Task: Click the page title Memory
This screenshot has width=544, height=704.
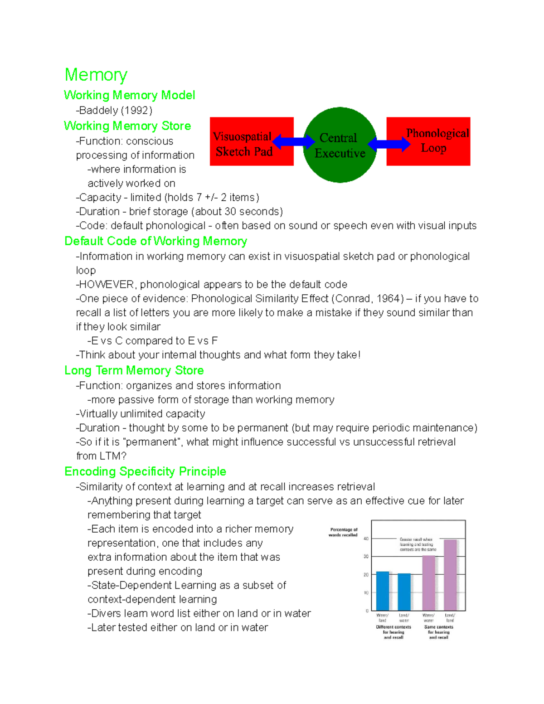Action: [x=96, y=75]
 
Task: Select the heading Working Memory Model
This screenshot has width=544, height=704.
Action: [x=129, y=95]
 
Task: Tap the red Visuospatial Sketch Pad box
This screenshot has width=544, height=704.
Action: [x=251, y=141]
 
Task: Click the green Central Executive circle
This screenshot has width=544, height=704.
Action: [x=340, y=145]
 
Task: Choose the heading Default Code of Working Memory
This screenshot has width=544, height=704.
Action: [x=155, y=241]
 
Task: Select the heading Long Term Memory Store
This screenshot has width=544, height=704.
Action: [x=134, y=370]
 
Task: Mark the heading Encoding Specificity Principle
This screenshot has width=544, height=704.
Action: [x=145, y=471]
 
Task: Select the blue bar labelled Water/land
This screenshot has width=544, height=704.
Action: [x=383, y=591]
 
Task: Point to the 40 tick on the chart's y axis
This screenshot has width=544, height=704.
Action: [x=366, y=539]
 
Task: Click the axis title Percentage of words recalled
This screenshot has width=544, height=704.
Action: [x=343, y=532]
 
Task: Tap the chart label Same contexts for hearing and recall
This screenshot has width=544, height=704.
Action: [x=438, y=632]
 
